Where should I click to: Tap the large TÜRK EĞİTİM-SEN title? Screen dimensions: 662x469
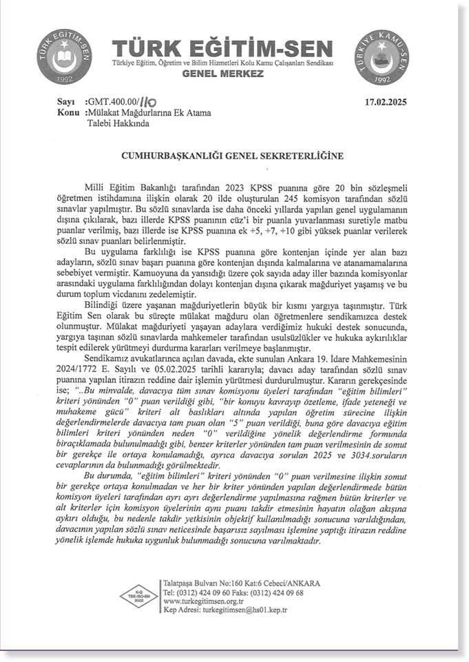[223, 50]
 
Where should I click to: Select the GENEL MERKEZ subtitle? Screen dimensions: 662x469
[222, 72]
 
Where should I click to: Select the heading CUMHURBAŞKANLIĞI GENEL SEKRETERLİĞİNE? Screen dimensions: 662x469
[222, 156]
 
